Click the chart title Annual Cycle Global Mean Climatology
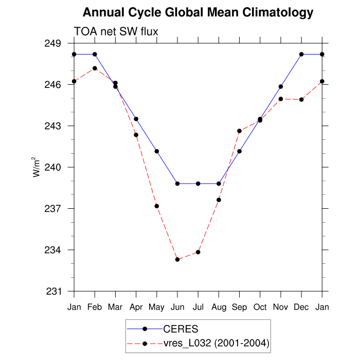click(x=198, y=12)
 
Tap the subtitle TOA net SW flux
click(x=116, y=31)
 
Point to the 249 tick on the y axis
click(x=54, y=43)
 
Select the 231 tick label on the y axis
click(x=54, y=292)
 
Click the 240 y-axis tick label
click(x=54, y=167)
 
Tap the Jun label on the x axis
click(x=177, y=308)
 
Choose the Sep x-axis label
click(x=239, y=308)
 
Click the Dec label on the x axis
click(x=301, y=308)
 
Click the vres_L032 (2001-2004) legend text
click(x=217, y=343)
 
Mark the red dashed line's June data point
click(x=177, y=260)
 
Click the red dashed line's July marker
click(x=198, y=252)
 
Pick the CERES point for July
click(x=198, y=184)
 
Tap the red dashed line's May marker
click(x=156, y=206)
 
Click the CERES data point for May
click(x=156, y=151)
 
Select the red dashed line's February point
click(x=95, y=68)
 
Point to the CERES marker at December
click(x=301, y=54)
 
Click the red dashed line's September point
click(x=239, y=131)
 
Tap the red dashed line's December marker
click(x=301, y=99)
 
